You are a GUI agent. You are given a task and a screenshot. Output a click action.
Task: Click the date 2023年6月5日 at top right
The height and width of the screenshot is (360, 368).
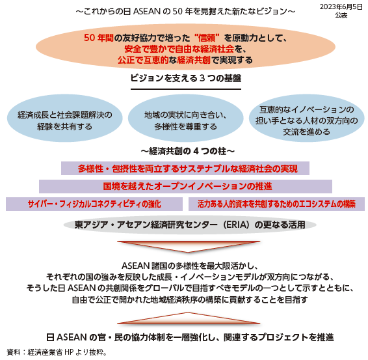coord(341,7)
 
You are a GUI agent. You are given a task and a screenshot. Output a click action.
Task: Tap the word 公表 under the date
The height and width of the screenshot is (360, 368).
coord(341,15)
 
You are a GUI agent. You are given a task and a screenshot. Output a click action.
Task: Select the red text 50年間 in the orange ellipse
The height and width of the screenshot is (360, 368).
coord(99,38)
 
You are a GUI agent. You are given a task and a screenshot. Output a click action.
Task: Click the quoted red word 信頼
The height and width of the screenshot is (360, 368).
coord(207,38)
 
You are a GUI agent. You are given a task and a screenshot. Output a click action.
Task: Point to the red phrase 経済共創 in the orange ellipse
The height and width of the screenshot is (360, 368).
coord(194,60)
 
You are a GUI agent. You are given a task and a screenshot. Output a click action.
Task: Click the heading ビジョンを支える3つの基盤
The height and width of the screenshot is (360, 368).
coord(186,78)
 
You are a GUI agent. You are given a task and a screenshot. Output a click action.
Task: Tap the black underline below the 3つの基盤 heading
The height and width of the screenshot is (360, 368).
coord(186,89)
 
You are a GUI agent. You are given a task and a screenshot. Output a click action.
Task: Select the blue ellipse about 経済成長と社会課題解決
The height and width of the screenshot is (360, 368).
coord(65,118)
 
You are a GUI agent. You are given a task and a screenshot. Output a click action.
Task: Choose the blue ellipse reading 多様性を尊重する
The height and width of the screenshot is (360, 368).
coord(186,118)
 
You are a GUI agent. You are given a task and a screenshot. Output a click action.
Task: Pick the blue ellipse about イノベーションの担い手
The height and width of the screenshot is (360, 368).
coord(307,118)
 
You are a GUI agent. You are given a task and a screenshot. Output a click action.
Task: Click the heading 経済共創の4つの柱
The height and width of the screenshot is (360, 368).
coord(187,151)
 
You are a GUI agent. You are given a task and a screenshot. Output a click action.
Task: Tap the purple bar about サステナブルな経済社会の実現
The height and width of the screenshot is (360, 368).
coord(185,168)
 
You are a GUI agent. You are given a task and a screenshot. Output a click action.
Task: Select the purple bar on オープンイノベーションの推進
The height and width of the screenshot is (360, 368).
coord(185,186)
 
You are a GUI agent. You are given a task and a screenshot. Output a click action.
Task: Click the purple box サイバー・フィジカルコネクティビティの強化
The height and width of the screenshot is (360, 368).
coord(94,204)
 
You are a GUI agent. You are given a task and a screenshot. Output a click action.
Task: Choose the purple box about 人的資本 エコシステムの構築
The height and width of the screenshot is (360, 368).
coord(277,204)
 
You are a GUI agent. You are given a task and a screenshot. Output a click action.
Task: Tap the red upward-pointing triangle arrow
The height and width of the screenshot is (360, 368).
coord(189,318)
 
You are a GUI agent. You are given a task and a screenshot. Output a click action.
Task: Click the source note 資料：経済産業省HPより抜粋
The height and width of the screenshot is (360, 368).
coord(57,352)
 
